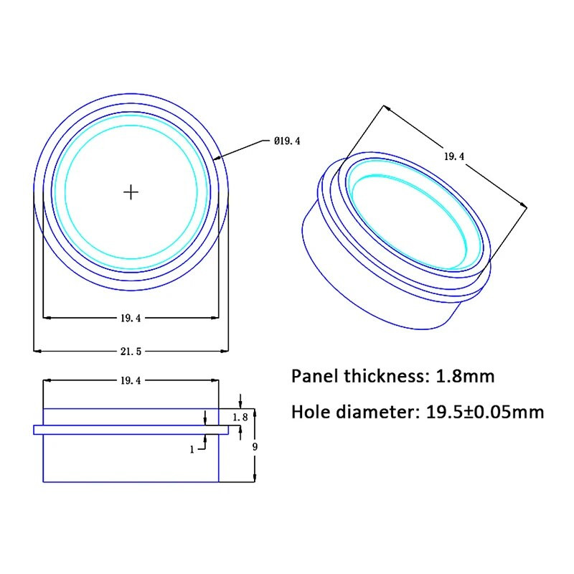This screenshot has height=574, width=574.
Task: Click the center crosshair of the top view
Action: point(131,192)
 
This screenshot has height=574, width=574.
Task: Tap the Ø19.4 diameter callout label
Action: point(286,141)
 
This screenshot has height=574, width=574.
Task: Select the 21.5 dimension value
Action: point(131,351)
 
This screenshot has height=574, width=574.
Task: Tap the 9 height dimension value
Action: point(255,447)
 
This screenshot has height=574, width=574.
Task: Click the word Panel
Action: point(316,376)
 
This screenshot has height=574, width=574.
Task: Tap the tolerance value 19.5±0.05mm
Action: point(485,412)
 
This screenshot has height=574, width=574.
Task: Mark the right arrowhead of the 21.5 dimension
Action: point(226,351)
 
